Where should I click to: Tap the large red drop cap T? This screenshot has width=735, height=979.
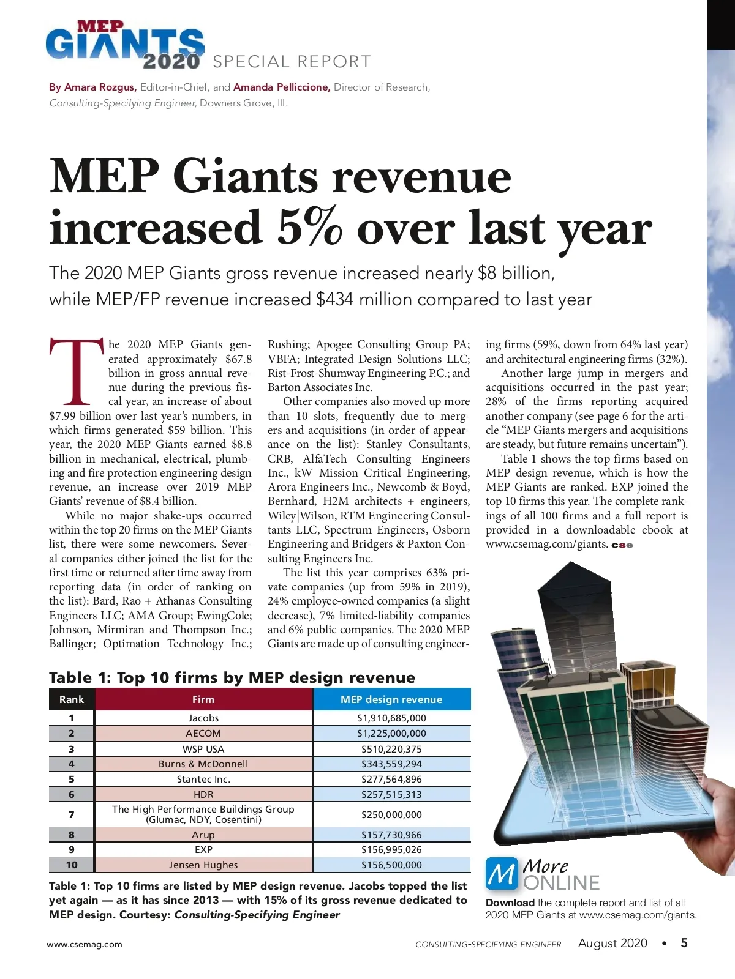pyautogui.click(x=77, y=372)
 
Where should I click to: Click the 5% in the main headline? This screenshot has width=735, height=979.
pyautogui.click(x=309, y=228)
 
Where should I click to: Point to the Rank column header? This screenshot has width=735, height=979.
pyautogui.click(x=72, y=699)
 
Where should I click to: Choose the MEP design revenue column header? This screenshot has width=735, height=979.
pyautogui.click(x=391, y=699)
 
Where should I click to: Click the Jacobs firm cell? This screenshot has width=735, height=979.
pyautogui.click(x=203, y=718)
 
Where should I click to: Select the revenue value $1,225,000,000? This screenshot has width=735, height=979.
pyautogui.click(x=391, y=733)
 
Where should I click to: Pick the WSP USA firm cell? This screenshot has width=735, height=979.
pyautogui.click(x=203, y=749)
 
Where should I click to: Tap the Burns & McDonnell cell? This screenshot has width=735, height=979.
pyautogui.click(x=203, y=764)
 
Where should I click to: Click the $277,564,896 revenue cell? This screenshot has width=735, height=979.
pyautogui.click(x=391, y=779)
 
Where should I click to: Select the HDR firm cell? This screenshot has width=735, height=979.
pyautogui.click(x=203, y=794)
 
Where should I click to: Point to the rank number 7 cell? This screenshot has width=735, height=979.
pyautogui.click(x=72, y=814)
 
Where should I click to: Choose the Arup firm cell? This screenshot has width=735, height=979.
pyautogui.click(x=203, y=835)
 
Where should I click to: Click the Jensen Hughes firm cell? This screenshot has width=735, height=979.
pyautogui.click(x=203, y=865)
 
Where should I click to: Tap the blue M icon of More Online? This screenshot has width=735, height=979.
pyautogui.click(x=502, y=874)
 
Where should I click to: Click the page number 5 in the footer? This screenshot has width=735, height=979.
pyautogui.click(x=684, y=943)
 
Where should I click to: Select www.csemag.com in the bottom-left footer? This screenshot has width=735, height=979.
pyautogui.click(x=85, y=944)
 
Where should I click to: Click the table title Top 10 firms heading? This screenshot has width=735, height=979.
pyautogui.click(x=232, y=677)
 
